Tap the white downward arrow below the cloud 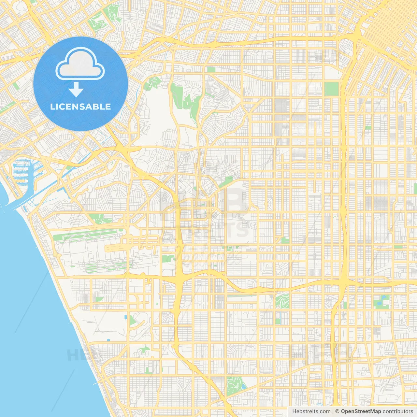(76, 89)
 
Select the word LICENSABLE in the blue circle (80, 107)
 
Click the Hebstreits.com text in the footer (311, 411)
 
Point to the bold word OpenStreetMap (361, 411)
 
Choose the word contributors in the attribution (398, 411)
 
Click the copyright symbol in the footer (338, 411)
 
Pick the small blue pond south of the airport (126, 317)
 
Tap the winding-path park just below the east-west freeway (282, 301)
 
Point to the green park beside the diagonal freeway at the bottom (235, 386)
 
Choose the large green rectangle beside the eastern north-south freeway (332, 89)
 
